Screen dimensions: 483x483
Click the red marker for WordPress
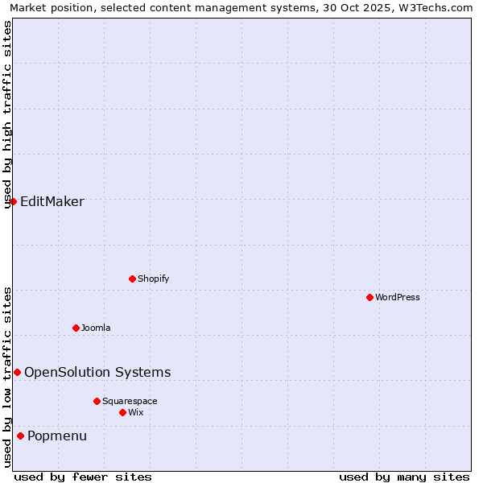(369, 297)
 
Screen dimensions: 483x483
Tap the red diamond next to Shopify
(132, 279)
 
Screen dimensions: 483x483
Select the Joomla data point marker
(76, 328)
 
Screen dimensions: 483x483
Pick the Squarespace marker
(97, 401)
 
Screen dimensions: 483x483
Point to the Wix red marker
(122, 412)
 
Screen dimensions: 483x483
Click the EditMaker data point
(13, 201)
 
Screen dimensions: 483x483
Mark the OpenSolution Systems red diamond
(17, 372)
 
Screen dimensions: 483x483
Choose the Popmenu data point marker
(20, 436)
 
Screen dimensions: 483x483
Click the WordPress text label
(398, 297)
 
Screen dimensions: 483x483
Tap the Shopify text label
(154, 279)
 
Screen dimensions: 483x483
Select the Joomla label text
(96, 328)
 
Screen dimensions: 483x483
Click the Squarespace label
(130, 401)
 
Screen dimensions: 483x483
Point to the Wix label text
(136, 412)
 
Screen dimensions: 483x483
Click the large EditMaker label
(52, 201)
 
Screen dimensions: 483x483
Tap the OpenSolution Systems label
(97, 372)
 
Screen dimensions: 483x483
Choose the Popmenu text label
(57, 436)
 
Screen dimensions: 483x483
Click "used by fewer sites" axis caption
(83, 477)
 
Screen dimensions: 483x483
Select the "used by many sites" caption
(404, 477)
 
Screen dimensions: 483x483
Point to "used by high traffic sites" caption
(7, 114)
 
